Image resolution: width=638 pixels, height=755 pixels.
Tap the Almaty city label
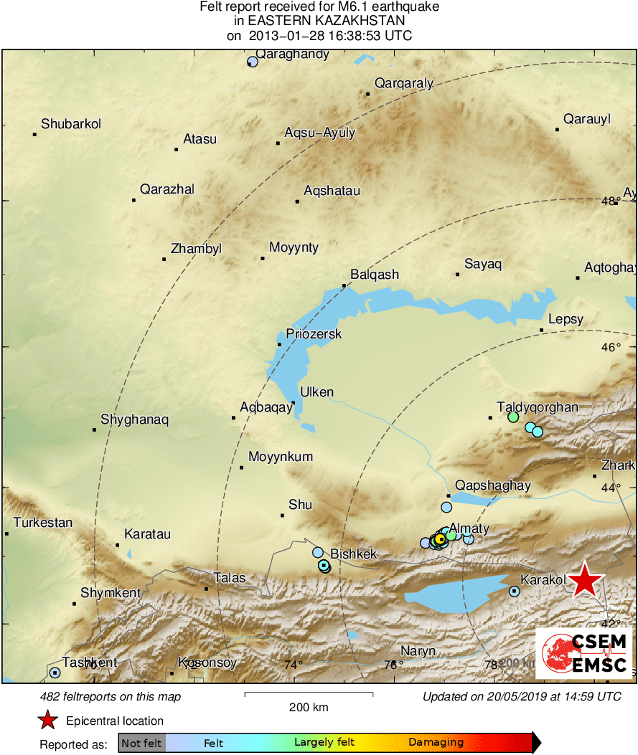pyautogui.click(x=469, y=528)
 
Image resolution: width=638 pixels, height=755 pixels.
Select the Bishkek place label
pyautogui.click(x=353, y=554)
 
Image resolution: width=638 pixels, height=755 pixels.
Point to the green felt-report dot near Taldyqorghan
pyautogui.click(x=513, y=417)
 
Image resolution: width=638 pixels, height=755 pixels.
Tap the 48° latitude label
pyautogui.click(x=611, y=201)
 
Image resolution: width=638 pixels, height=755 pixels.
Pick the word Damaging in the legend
pyautogui.click(x=436, y=743)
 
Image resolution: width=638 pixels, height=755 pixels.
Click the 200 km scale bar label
pyautogui.click(x=309, y=708)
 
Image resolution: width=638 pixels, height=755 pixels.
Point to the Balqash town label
pyautogui.click(x=374, y=275)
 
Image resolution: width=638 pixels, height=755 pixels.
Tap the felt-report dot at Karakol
pyautogui.click(x=515, y=591)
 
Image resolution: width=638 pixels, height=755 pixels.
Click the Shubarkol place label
pyautogui.click(x=71, y=124)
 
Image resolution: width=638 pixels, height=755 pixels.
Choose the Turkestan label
pyautogui.click(x=43, y=523)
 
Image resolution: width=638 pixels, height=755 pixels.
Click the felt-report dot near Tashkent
pyautogui.click(x=55, y=673)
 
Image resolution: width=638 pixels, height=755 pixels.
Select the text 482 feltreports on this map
pyautogui.click(x=111, y=697)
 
